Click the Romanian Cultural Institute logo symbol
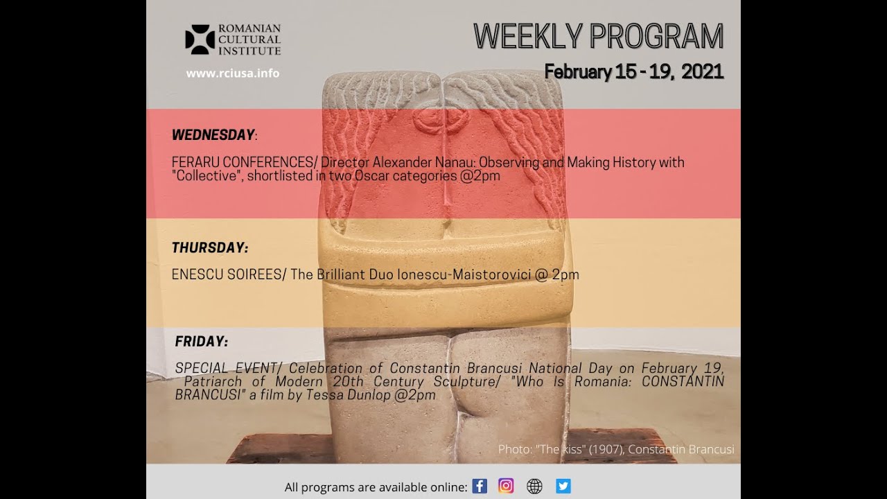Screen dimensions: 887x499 point(200,40)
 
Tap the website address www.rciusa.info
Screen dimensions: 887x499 point(233,73)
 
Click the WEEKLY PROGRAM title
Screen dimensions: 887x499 point(598,37)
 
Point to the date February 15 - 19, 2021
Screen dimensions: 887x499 point(634,71)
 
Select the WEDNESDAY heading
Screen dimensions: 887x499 point(213,134)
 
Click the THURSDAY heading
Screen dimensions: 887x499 point(210,247)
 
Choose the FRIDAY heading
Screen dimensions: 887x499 point(202,342)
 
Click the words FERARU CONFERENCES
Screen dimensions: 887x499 point(243,162)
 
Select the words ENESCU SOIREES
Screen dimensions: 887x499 point(227,274)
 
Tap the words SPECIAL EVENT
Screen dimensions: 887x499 point(226,368)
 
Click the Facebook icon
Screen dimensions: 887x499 point(480,486)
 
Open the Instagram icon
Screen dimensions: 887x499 point(506,486)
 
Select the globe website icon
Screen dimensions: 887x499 point(534,487)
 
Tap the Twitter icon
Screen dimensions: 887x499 point(563,486)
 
